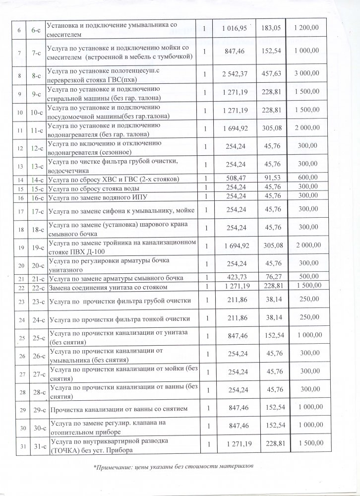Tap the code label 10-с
click(x=35, y=113)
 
